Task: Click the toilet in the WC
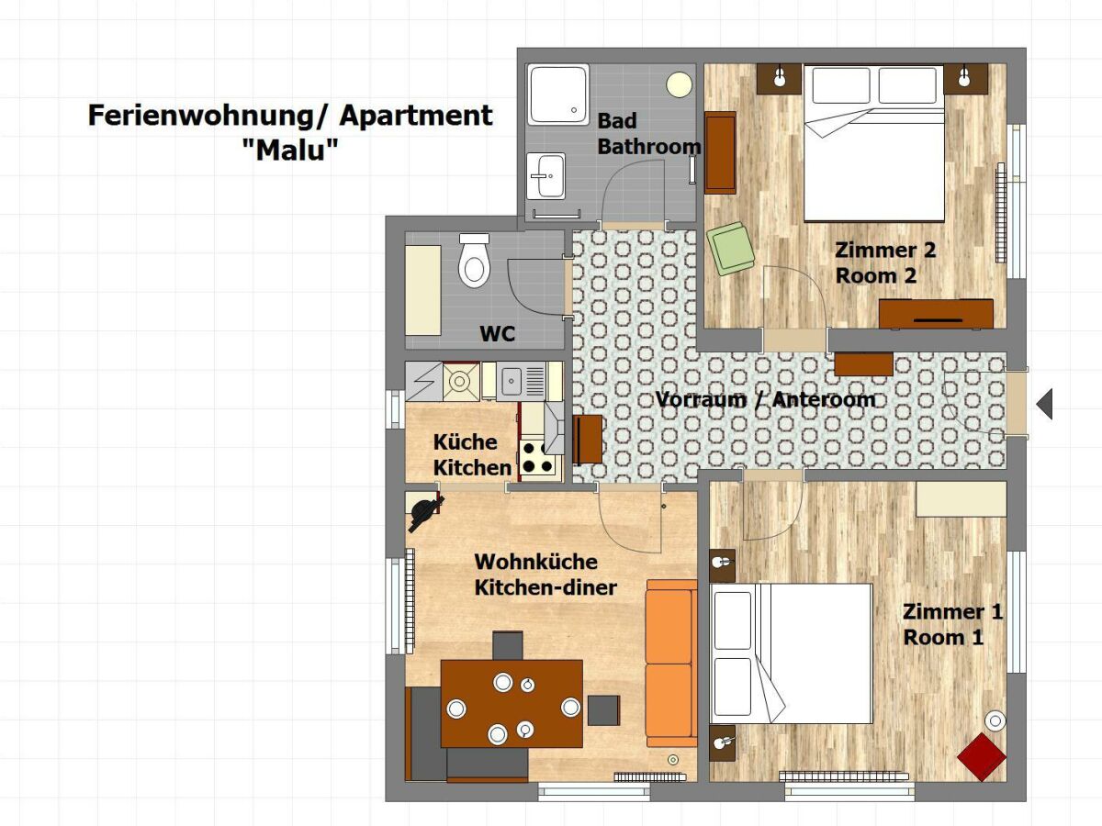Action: (x=474, y=261)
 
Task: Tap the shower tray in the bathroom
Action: (x=557, y=94)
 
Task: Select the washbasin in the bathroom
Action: (x=547, y=174)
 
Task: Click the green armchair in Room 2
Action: (x=731, y=248)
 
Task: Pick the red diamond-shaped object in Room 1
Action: (x=981, y=757)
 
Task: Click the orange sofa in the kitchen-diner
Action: (x=669, y=664)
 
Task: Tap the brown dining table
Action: (x=512, y=703)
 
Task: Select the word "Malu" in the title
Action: (x=290, y=151)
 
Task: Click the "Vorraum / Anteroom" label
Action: (x=765, y=400)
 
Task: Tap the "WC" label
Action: (x=498, y=334)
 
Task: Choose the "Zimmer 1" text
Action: (x=952, y=612)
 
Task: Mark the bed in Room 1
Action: (x=792, y=653)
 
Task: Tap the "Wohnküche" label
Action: (x=535, y=562)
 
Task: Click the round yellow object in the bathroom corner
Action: (x=679, y=84)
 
